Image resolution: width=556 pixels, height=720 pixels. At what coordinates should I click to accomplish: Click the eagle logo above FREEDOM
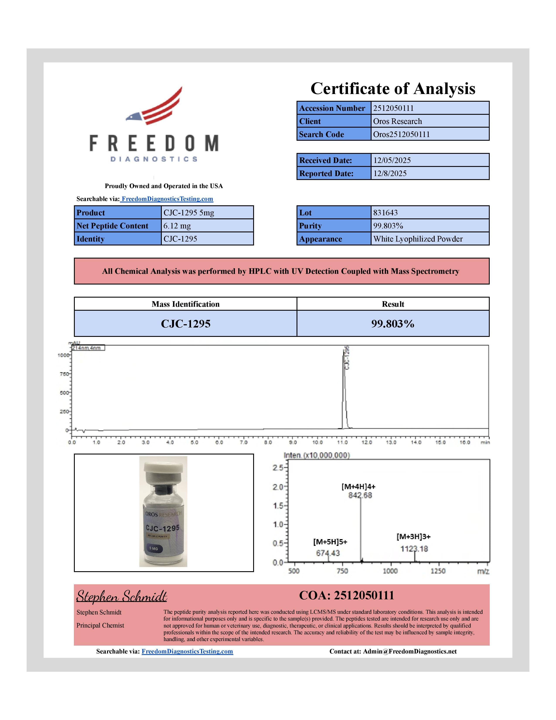tap(155, 106)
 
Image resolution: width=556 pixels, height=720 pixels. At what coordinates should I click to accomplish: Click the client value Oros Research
tap(397, 121)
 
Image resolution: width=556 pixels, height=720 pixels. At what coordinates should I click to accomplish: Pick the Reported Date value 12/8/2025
tap(390, 173)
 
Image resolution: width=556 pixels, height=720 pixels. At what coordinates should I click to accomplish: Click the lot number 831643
tap(385, 213)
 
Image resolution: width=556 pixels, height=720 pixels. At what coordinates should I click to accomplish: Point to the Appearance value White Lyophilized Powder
tap(418, 239)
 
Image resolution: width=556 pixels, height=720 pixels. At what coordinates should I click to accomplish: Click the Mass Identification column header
tap(186, 304)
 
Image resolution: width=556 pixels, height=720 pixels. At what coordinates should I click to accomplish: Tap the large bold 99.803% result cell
tap(393, 324)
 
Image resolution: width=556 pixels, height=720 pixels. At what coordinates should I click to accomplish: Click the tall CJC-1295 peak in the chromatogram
tap(344, 389)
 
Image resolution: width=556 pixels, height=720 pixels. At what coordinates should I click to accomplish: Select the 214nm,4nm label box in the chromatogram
tap(88, 348)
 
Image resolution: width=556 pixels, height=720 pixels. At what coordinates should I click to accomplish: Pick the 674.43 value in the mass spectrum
tap(328, 553)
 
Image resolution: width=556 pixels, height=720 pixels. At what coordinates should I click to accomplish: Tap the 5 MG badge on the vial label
tap(154, 549)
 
